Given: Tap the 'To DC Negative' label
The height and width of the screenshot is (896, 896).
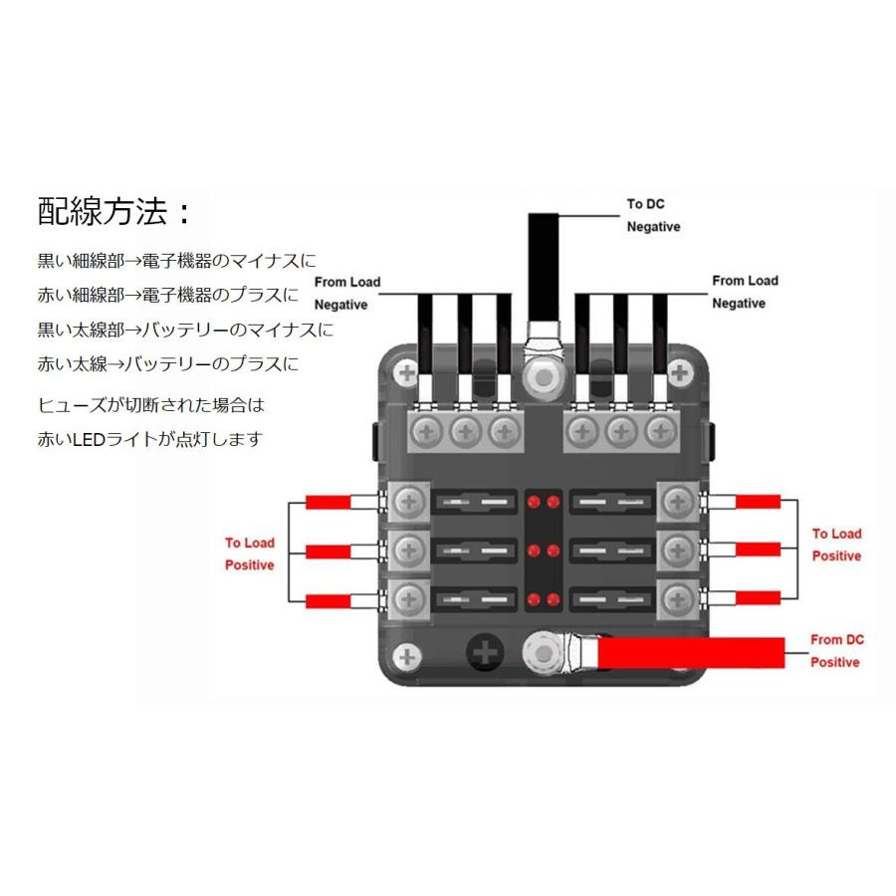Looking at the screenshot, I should click(x=653, y=215).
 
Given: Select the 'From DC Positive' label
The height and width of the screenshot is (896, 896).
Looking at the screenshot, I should click(x=834, y=651).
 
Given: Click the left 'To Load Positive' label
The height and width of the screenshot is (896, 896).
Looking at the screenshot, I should click(x=249, y=554).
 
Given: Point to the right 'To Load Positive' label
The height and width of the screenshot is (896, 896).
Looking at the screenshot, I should click(x=836, y=545).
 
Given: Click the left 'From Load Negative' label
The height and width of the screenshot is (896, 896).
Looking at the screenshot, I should click(x=347, y=293).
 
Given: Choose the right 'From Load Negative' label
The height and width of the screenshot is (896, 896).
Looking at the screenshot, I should click(x=745, y=292).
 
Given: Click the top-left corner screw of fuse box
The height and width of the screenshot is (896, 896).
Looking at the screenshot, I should click(x=405, y=375).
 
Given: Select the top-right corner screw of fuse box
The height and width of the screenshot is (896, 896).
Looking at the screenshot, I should click(x=681, y=374).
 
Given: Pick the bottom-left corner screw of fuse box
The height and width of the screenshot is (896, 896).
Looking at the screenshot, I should click(x=404, y=657).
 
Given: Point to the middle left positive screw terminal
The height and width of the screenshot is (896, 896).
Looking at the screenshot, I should click(x=406, y=549).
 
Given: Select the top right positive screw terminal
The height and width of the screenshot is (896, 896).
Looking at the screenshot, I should click(x=679, y=501).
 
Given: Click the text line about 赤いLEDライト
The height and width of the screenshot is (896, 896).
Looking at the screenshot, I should click(x=149, y=438).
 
